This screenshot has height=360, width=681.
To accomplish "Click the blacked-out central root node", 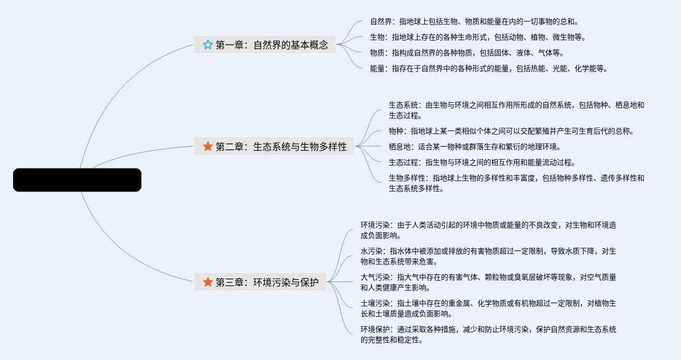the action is (x=77, y=180).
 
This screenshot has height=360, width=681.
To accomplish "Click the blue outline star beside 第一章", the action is (x=208, y=45).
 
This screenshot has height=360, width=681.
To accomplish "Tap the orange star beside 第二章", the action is (x=208, y=147).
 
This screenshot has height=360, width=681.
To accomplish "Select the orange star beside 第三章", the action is (x=208, y=282).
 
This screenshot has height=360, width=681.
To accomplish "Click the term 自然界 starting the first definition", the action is (x=381, y=22).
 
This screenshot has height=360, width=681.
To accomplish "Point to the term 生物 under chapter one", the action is (x=377, y=37).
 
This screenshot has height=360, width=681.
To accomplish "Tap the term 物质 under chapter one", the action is (x=377, y=53).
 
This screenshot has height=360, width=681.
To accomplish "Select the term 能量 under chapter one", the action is (x=377, y=68).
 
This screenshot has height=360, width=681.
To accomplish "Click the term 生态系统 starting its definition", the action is (x=403, y=105).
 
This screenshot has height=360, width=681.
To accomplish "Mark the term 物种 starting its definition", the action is (x=396, y=131).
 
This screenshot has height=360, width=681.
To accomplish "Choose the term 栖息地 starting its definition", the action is (x=400, y=147).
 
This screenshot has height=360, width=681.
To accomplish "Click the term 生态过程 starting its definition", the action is (x=403, y=162).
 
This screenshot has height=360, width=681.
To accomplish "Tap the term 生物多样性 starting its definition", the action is (x=407, y=178).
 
